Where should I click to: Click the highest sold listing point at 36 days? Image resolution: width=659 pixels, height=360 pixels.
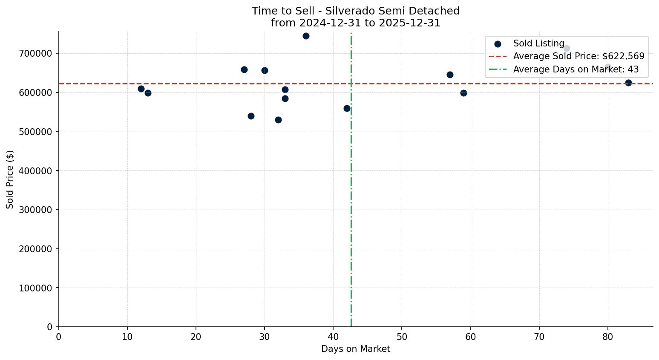(306, 36)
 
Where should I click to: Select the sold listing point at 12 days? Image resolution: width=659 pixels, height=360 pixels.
(141, 89)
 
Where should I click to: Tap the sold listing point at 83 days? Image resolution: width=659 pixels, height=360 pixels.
(628, 83)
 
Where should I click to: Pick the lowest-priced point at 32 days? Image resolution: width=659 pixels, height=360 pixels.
(278, 120)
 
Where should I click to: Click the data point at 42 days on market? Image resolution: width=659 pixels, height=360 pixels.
(347, 108)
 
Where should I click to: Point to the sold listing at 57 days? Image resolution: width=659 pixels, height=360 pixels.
(450, 75)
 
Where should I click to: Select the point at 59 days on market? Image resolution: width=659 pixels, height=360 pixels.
(463, 93)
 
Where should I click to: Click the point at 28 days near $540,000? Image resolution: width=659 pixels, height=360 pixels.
(251, 116)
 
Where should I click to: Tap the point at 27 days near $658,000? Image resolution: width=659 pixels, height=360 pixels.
(244, 69)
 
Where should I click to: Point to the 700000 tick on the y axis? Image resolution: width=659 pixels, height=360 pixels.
(35, 54)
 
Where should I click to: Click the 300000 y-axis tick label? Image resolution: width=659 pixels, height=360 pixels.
(35, 210)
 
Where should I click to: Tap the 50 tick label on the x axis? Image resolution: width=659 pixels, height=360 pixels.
(402, 337)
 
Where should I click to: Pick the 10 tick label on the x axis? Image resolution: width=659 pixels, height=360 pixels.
(127, 337)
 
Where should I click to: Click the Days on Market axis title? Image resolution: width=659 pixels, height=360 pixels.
(356, 349)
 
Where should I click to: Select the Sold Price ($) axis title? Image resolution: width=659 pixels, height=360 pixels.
(10, 179)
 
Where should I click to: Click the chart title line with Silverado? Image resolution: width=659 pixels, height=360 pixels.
(356, 11)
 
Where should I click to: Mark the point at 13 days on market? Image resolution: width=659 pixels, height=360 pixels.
(148, 93)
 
